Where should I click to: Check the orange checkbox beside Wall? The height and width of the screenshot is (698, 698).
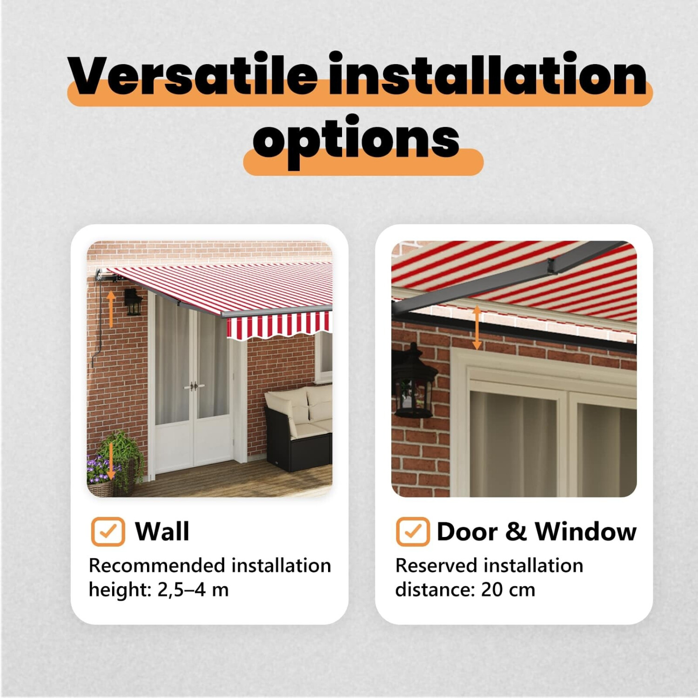pos(108,531)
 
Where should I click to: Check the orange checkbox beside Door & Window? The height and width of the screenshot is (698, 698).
pos(413,531)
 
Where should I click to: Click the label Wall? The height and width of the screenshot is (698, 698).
pos(162,531)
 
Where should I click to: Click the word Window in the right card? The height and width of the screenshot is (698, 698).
pos(585,531)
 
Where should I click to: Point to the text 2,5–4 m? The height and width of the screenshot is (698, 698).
pos(193,590)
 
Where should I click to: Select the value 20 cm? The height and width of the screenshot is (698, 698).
pos(508,590)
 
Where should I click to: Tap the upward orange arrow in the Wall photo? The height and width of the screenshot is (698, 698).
pos(111,309)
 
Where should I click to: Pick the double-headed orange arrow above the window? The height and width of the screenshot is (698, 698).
pos(477,328)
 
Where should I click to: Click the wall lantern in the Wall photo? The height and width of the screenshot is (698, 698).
pos(133,302)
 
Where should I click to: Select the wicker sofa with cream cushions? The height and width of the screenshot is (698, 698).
pos(298,428)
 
